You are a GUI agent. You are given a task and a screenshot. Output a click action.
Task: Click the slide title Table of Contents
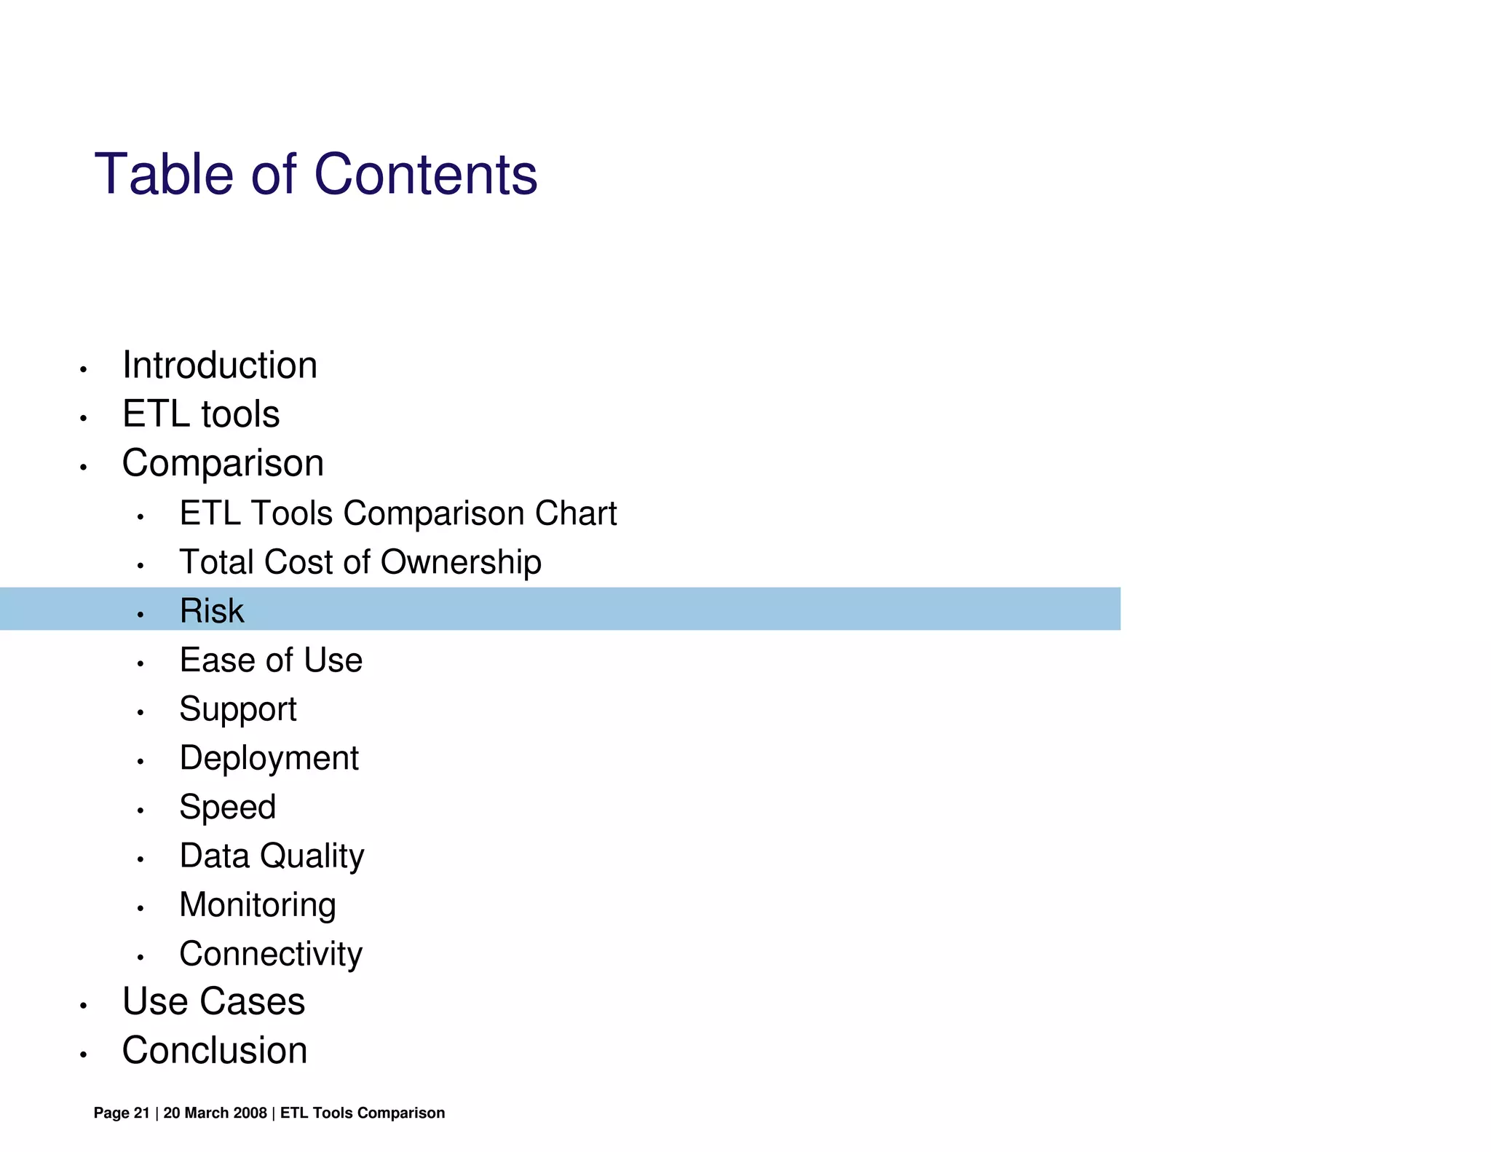316,175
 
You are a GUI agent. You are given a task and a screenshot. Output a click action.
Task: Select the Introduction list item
219,365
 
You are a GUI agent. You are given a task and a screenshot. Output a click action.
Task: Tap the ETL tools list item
201,414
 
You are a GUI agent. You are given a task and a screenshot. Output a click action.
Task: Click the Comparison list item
223,463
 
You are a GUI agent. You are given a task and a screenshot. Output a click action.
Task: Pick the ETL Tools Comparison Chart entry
398,513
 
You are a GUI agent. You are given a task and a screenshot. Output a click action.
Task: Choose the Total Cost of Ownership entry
360,562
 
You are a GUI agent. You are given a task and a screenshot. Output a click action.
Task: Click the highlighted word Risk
212,611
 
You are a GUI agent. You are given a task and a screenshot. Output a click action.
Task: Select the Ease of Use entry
271,660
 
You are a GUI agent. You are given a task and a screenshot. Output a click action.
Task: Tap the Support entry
238,709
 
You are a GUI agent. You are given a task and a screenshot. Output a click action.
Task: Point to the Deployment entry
269,758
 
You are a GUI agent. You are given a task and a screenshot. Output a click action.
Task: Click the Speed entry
228,807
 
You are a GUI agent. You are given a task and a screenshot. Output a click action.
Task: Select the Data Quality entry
272,856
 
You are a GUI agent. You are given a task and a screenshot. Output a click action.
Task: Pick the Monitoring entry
258,905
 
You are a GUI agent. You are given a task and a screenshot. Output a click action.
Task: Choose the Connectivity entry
271,954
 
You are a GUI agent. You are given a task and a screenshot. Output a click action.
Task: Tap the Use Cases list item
213,1001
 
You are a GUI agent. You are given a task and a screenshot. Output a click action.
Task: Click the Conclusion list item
215,1051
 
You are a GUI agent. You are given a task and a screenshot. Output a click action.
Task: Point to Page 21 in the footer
122,1113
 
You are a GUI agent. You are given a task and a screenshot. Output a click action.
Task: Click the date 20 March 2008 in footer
215,1113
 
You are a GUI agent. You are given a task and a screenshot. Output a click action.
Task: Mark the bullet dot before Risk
141,615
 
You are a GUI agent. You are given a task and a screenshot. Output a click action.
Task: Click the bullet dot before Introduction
84,370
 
